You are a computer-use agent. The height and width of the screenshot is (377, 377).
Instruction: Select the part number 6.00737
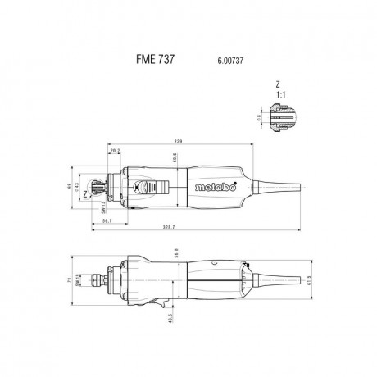pyautogui.click(x=231, y=60)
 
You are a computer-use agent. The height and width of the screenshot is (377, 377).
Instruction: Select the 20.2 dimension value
pyautogui.click(x=115, y=151)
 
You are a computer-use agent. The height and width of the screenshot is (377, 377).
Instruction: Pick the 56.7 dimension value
pyautogui.click(x=107, y=221)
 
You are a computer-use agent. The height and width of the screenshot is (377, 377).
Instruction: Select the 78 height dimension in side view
pyautogui.click(x=70, y=281)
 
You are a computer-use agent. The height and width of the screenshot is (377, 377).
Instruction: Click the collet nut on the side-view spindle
pyautogui.click(x=105, y=280)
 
